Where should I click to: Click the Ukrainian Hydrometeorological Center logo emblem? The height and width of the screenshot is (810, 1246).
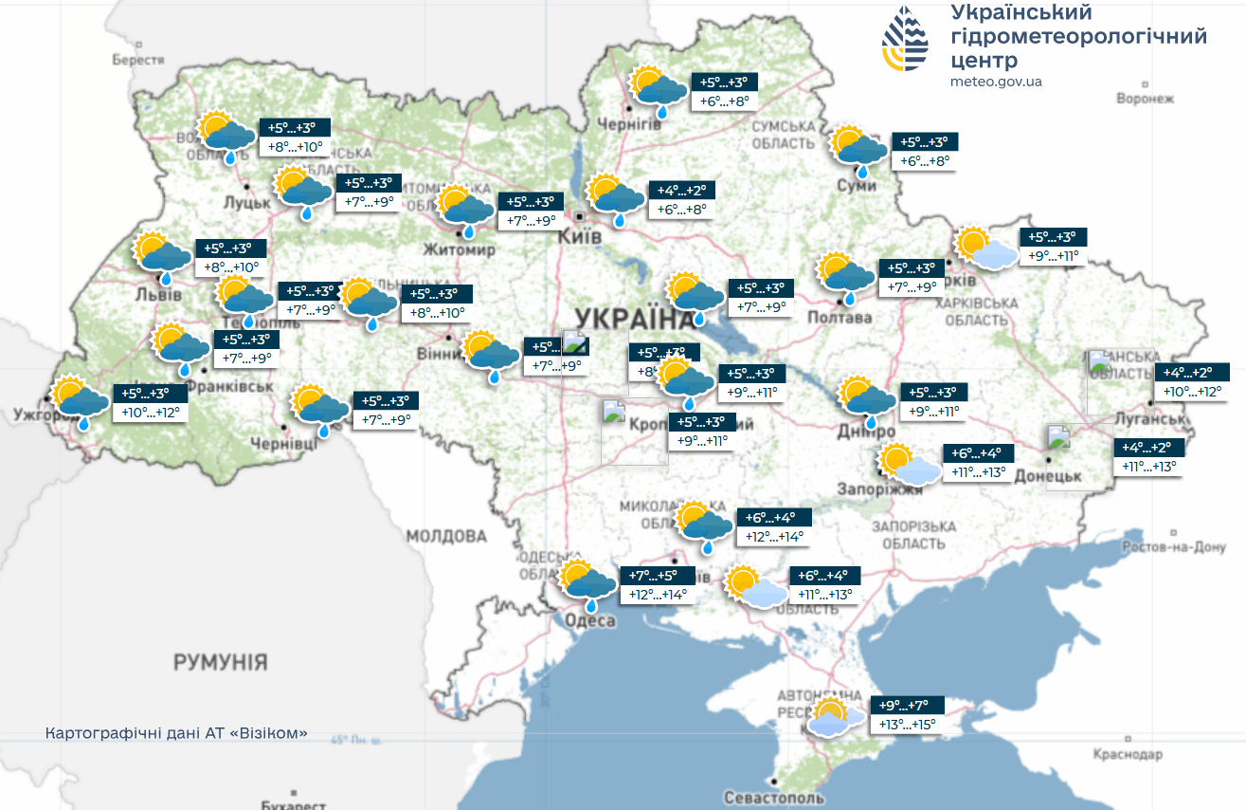(x=906, y=39)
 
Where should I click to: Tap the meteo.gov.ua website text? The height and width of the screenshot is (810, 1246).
(x=996, y=82)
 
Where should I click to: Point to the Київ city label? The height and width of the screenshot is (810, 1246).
(x=580, y=236)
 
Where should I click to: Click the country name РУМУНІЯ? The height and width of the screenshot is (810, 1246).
(x=220, y=662)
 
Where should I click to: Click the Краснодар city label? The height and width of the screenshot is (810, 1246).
(x=1127, y=755)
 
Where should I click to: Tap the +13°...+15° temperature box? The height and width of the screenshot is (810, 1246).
(x=907, y=725)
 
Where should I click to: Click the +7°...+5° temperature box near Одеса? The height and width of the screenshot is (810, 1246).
(x=655, y=576)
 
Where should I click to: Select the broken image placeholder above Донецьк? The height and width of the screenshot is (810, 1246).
(x=1057, y=437)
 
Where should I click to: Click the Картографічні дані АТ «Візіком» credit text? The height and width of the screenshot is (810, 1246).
(x=176, y=735)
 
